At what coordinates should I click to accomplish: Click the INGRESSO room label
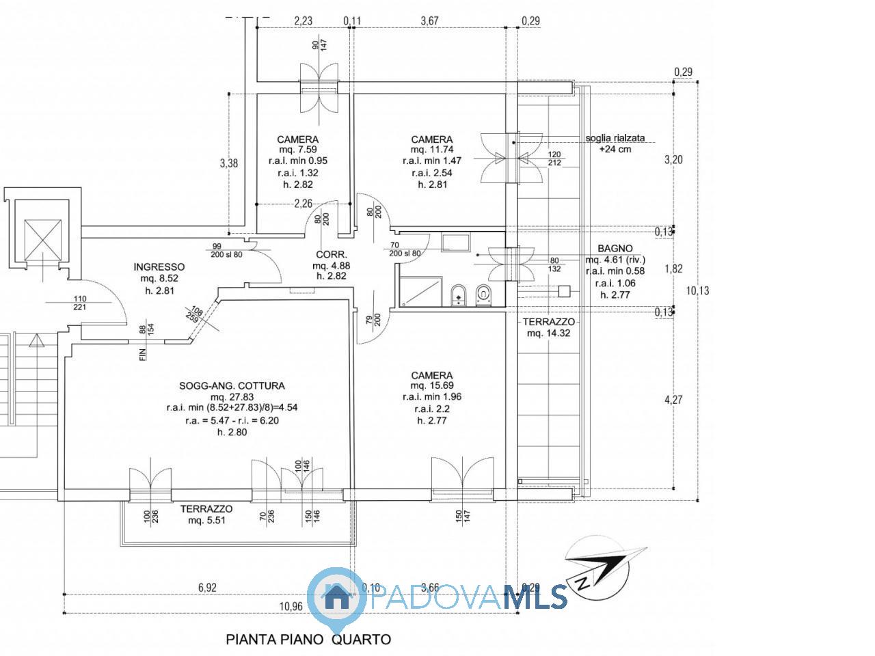coord(159,267)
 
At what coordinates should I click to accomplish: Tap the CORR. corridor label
coord(332,254)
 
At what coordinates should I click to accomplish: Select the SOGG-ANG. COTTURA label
coord(232,385)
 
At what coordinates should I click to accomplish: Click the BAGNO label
coord(615,249)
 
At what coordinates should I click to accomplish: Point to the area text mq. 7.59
coord(298,150)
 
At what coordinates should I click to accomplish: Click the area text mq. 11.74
coord(432,150)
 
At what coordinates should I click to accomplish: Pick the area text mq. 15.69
coord(432,385)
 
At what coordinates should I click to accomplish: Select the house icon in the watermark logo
coord(337,597)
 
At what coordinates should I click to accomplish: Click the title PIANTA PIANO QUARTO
coord(308,640)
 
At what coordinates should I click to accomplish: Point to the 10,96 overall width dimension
coord(291,606)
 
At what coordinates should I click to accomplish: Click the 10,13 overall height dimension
coord(697,291)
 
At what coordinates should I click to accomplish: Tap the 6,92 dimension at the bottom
coord(207,588)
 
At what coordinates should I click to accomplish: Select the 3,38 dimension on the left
coord(228,163)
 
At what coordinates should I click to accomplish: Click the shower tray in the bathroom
coord(420,292)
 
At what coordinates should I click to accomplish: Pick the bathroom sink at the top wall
coord(456,242)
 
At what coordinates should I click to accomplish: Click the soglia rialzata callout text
coord(615,138)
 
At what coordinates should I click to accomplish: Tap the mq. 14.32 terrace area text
coord(548,333)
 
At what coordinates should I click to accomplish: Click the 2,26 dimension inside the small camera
coord(303,204)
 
